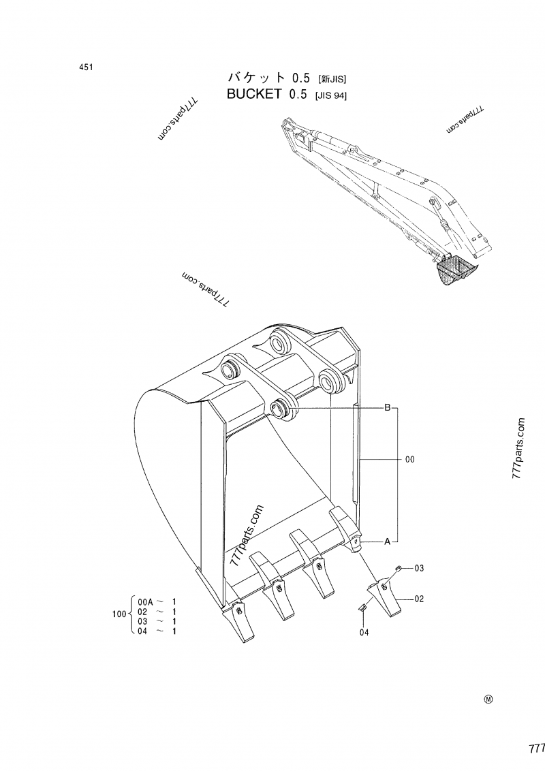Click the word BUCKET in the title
[253, 95]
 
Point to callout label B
[387, 408]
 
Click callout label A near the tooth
[387, 542]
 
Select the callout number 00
[409, 460]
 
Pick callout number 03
[420, 568]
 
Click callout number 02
[420, 599]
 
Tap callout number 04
[364, 632]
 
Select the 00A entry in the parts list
[146, 602]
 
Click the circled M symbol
[488, 699]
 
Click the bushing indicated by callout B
[281, 409]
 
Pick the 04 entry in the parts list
[143, 631]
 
